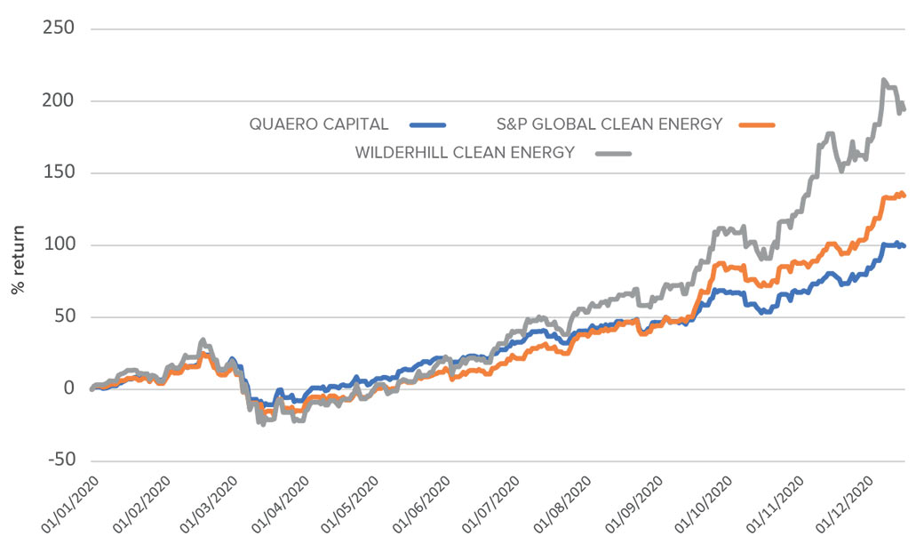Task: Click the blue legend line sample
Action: click(428, 124)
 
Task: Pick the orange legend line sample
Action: click(755, 124)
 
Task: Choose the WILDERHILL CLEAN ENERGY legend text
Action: click(465, 152)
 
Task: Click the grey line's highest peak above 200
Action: click(883, 80)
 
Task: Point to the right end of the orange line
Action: click(904, 195)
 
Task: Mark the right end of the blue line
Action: click(904, 245)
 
